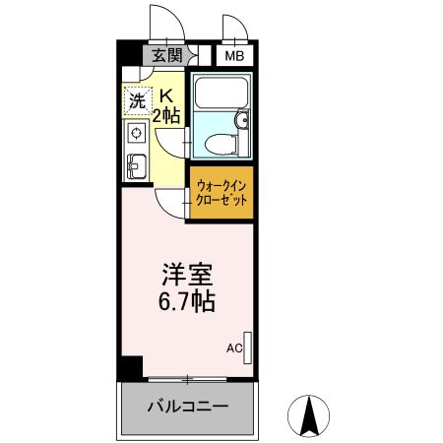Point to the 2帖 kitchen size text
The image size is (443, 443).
(x=166, y=114)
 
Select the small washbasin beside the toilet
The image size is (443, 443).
(x=242, y=123)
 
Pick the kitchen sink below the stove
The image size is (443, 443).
(x=135, y=166)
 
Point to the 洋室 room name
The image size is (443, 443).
(x=187, y=273)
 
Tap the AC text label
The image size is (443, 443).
(x=233, y=348)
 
